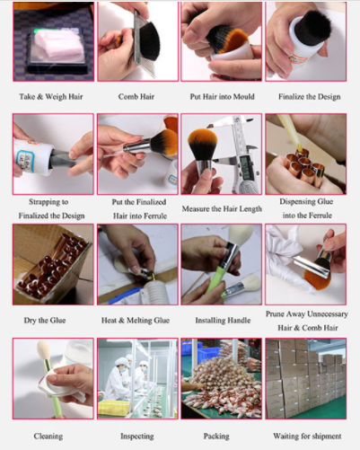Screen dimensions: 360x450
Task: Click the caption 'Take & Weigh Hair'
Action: pyautogui.click(x=51, y=97)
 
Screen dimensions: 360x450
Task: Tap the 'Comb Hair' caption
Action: pyautogui.click(x=136, y=97)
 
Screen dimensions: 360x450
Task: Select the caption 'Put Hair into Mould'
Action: pyautogui.click(x=222, y=97)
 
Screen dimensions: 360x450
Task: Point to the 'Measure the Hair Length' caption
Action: pyautogui.click(x=222, y=208)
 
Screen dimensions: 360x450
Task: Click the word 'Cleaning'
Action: pyautogui.click(x=48, y=437)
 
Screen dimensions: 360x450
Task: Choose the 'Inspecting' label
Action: pyautogui.click(x=137, y=437)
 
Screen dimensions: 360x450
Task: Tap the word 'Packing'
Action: pyautogui.click(x=216, y=437)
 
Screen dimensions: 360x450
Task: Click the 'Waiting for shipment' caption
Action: pyautogui.click(x=307, y=437)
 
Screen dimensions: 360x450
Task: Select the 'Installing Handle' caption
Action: pyautogui.click(x=223, y=321)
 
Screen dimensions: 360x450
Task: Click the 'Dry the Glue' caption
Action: pyautogui.click(x=45, y=321)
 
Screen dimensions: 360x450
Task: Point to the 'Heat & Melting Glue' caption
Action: pyautogui.click(x=136, y=321)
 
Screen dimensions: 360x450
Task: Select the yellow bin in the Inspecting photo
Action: pyautogui.click(x=114, y=408)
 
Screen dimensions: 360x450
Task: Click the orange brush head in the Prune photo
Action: pyautogui.click(x=317, y=277)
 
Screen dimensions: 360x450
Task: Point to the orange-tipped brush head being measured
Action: pyautogui.click(x=202, y=145)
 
